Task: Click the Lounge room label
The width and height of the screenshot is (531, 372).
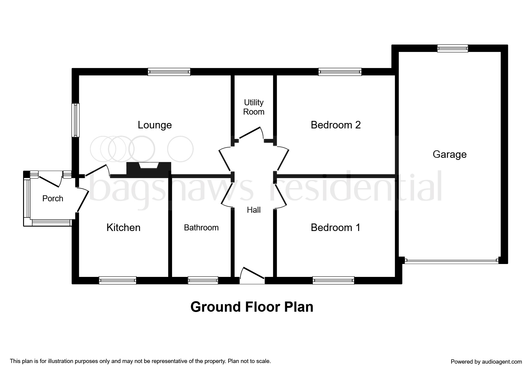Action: [155, 125]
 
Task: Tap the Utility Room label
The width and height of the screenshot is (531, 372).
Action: [254, 107]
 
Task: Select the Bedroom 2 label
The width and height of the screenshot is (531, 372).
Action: [336, 125]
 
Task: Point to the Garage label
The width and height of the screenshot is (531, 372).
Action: [449, 154]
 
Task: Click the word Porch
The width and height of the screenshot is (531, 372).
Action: [53, 198]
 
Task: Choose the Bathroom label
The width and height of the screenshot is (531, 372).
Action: [201, 228]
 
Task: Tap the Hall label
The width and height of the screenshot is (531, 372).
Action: [254, 210]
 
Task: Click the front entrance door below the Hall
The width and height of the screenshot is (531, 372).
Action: [252, 275]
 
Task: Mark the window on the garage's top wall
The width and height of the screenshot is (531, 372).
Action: [452, 48]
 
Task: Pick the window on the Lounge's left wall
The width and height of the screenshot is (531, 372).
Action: [76, 120]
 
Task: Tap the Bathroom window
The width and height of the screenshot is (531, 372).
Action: [203, 280]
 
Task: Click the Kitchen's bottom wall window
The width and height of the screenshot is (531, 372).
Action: [118, 280]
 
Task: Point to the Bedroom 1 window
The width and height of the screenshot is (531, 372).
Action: [333, 280]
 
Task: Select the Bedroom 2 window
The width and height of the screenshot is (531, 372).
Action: [340, 72]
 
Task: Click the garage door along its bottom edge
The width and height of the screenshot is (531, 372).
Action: [452, 261]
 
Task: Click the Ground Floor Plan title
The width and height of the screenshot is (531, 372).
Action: [252, 307]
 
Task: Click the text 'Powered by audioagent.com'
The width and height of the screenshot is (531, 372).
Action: [486, 362]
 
